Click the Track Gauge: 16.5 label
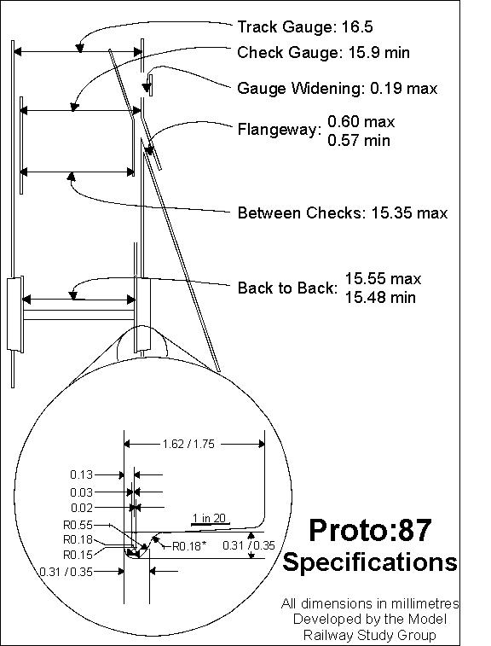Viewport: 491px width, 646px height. pos(305,27)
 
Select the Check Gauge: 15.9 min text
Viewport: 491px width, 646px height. pos(323,53)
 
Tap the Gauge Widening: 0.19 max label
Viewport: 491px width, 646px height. pos(337,88)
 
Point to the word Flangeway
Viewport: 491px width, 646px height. pos(280,130)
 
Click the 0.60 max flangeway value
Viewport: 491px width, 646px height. pos(361,122)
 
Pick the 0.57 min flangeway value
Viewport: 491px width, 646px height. pos(359,141)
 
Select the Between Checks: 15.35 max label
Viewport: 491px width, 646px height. pos(343,213)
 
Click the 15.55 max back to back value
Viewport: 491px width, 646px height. pos(383,279)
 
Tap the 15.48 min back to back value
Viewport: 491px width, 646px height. pos(380,298)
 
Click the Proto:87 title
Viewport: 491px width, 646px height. pos(370,530)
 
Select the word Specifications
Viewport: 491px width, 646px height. pos(370,562)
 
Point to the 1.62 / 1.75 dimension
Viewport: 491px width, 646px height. pos(188,444)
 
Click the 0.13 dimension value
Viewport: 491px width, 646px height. pos(82,474)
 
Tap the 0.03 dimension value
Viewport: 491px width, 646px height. pos(82,492)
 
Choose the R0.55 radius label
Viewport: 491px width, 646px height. pos(78,526)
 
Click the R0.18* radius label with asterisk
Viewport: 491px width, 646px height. pos(188,547)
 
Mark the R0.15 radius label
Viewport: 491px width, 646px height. pos(78,555)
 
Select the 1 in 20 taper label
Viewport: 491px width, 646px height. pos(209,518)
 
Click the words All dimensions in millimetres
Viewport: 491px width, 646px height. pos(370,603)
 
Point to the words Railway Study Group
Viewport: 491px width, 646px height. pos(369,634)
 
